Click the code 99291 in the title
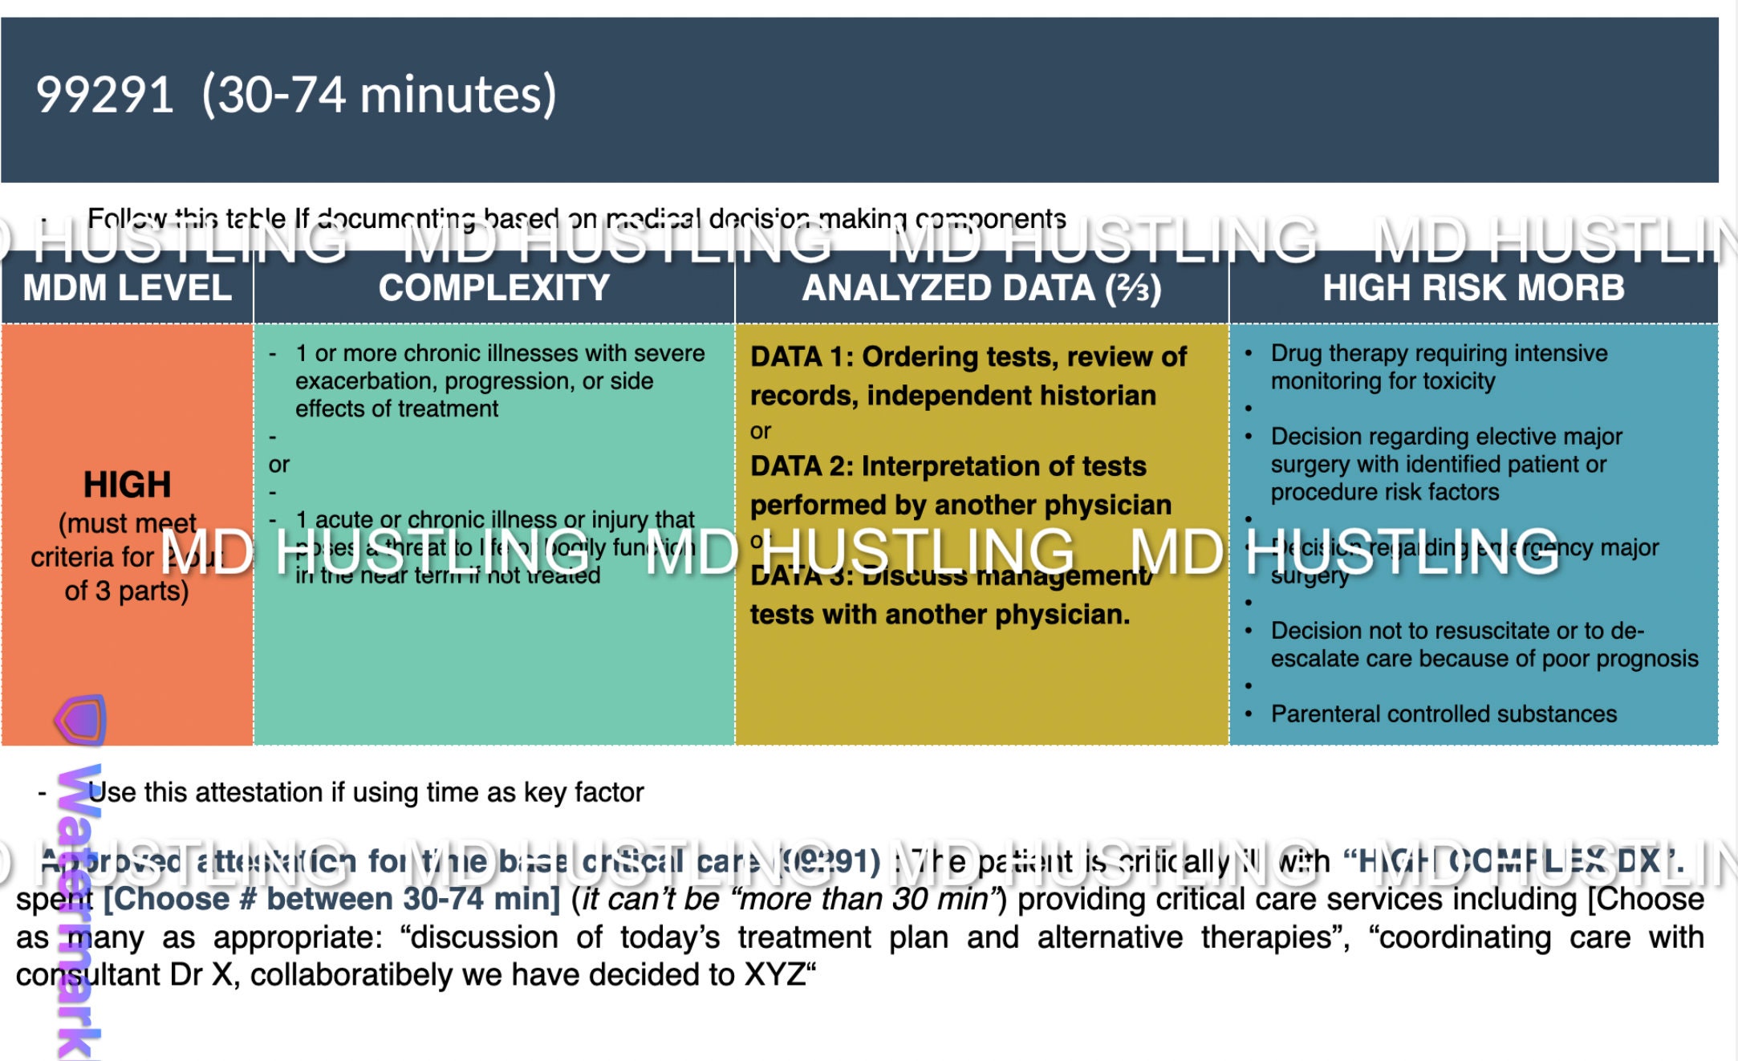tap(104, 95)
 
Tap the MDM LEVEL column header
tap(127, 288)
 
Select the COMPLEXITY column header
tap(493, 288)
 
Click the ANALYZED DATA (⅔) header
tap(981, 288)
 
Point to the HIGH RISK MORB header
tap(1473, 288)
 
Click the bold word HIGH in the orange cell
tap(127, 485)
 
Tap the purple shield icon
tap(81, 719)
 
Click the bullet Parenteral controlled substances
tap(1443, 714)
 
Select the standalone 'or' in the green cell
tap(279, 465)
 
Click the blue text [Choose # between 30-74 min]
tap(332, 899)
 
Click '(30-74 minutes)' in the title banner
tap(379, 95)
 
